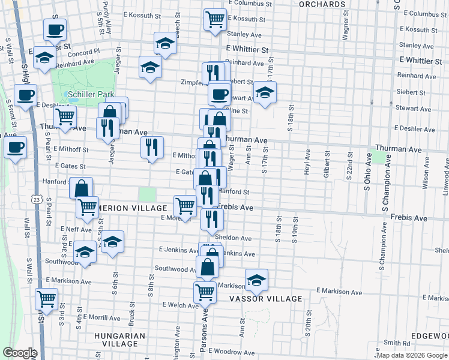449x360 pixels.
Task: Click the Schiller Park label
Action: click(x=91, y=95)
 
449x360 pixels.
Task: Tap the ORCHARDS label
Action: click(x=323, y=4)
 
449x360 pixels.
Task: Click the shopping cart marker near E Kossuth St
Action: click(x=214, y=19)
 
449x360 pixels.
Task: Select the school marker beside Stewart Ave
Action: click(x=264, y=92)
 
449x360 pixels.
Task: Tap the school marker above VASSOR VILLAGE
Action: click(x=256, y=279)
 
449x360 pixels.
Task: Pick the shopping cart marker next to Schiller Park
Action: click(x=65, y=116)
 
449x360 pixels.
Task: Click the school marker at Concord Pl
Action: click(x=44, y=57)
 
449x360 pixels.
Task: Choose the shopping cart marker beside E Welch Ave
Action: click(x=205, y=292)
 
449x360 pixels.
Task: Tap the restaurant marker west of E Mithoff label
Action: click(x=152, y=147)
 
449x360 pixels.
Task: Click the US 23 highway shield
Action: click(x=37, y=199)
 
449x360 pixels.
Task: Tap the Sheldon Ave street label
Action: click(x=233, y=238)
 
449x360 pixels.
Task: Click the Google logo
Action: click(x=20, y=353)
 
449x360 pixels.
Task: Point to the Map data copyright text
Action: click(x=412, y=355)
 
